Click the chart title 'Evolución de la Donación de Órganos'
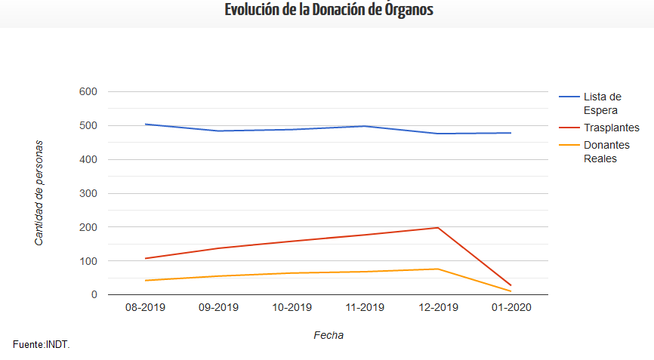tap(329, 10)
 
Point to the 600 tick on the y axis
tap(88, 91)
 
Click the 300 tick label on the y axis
tap(88, 193)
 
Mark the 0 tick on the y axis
tap(94, 294)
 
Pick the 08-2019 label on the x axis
tap(145, 307)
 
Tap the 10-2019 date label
tap(292, 307)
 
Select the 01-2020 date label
tap(511, 307)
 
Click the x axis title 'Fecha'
tap(329, 335)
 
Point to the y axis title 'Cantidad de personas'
tap(39, 193)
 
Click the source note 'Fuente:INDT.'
tap(42, 345)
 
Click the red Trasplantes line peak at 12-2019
tap(438, 228)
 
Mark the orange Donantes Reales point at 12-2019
tap(438, 269)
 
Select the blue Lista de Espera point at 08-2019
tap(145, 125)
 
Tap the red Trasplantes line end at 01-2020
tap(511, 285)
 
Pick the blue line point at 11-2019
tap(365, 126)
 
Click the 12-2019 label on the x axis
tap(438, 307)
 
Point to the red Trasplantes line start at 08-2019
tap(145, 258)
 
